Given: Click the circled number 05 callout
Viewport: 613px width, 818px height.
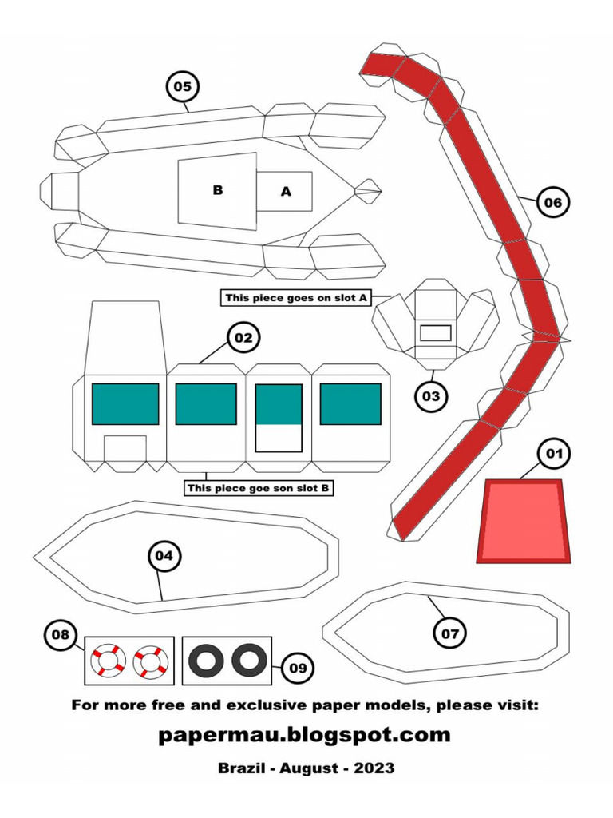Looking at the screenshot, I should [x=183, y=86].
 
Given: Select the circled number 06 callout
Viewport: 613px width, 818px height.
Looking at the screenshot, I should [x=552, y=202].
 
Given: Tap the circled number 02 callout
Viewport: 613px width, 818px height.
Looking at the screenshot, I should [x=243, y=338].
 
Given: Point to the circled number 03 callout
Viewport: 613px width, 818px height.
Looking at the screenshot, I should [x=431, y=395].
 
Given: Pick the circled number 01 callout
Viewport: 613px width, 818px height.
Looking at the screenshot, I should [x=553, y=454].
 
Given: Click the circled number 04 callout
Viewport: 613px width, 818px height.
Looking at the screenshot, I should [x=164, y=556].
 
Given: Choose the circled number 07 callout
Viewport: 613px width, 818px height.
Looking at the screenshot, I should [x=450, y=633].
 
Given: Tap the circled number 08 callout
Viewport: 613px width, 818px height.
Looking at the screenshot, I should [x=61, y=636].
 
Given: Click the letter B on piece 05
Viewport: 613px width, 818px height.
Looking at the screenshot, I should [x=217, y=190].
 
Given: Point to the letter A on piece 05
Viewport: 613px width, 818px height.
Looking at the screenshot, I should [x=286, y=192].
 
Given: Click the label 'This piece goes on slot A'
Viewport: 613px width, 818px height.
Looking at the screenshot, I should [x=295, y=298].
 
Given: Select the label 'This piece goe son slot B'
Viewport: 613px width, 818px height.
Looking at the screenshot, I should [x=258, y=487].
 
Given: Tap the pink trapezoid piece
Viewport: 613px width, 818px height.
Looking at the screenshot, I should [x=524, y=521].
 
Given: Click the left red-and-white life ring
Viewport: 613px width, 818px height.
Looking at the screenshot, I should [x=107, y=661].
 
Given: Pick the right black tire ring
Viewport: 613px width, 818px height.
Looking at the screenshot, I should [x=249, y=661].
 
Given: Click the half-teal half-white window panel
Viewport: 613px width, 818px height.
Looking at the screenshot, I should [x=279, y=418].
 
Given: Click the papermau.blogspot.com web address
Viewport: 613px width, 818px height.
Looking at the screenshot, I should [x=305, y=734].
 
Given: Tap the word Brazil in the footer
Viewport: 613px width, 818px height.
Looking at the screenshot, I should [x=243, y=768].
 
